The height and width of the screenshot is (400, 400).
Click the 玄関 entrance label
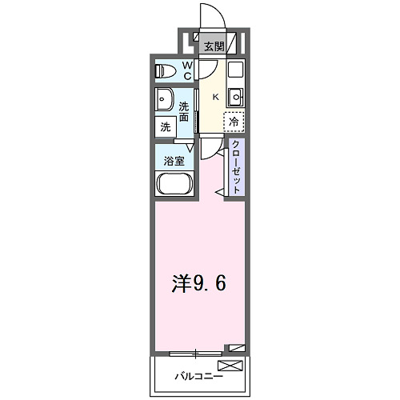point(212,46)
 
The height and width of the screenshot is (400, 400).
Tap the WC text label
point(186,71)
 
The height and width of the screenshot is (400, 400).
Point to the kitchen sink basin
point(235,98)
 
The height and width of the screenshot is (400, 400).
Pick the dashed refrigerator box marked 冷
point(234,122)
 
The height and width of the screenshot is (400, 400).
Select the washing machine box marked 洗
point(165,126)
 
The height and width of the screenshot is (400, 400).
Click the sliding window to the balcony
point(196,352)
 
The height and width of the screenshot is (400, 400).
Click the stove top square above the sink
point(235,70)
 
